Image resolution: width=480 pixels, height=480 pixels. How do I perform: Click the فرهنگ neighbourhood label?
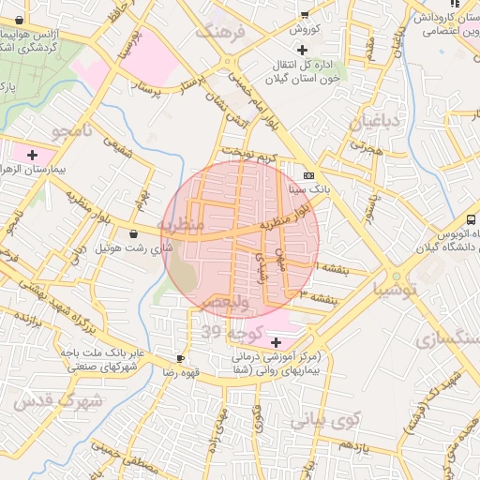coord(219,31)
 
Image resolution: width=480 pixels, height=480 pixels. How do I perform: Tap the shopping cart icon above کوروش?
coord(304,14)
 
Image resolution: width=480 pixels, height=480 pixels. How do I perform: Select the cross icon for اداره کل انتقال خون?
coord(301,49)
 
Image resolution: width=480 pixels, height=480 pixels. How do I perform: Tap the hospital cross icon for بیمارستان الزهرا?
coord(33,155)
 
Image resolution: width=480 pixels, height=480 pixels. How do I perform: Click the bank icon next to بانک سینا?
coord(309,175)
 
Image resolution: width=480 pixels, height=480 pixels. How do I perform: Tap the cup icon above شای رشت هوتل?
coord(134,233)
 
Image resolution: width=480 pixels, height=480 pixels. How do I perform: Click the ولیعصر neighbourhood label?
coord(224,305)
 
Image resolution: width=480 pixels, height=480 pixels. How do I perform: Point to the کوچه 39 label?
coord(223,333)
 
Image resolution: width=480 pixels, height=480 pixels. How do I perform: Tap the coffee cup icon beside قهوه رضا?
coord(180,358)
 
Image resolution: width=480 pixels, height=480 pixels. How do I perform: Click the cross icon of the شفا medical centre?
coord(275,343)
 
